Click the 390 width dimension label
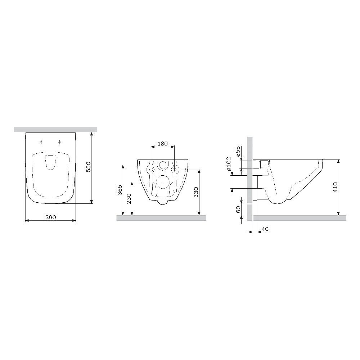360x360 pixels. (50, 218)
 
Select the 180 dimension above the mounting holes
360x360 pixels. (163, 144)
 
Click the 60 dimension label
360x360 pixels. (238, 210)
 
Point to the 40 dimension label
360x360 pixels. (265, 229)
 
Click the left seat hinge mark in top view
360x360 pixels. (42, 141)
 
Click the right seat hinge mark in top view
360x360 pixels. (59, 141)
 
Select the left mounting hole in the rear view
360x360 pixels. (152, 169)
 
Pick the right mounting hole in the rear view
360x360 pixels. (175, 169)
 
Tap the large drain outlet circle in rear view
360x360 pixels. (163, 182)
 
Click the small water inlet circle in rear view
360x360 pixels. (163, 166)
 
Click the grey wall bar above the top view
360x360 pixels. (55, 129)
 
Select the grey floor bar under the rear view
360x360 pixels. (161, 218)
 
